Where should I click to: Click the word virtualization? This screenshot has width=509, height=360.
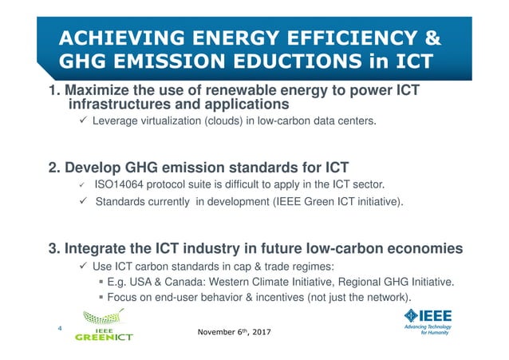178,121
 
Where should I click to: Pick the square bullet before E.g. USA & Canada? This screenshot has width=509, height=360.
101,282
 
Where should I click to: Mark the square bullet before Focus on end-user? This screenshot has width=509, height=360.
101,298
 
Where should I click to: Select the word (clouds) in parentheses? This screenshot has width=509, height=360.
233,121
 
